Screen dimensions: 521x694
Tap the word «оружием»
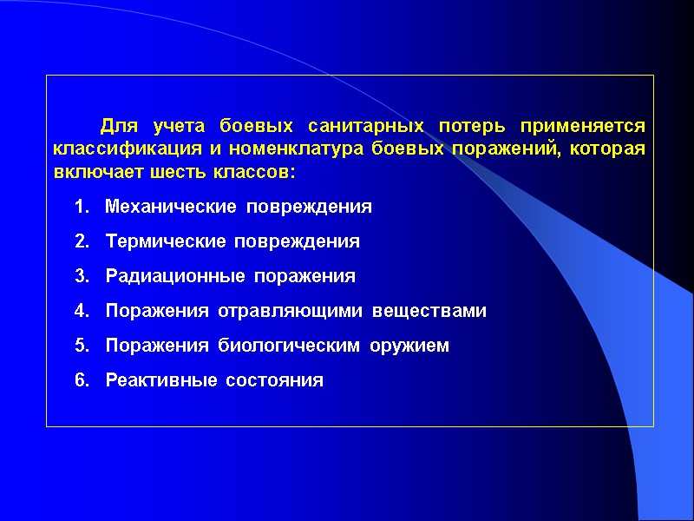[x=411, y=346]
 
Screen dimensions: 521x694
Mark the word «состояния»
[x=274, y=380]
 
